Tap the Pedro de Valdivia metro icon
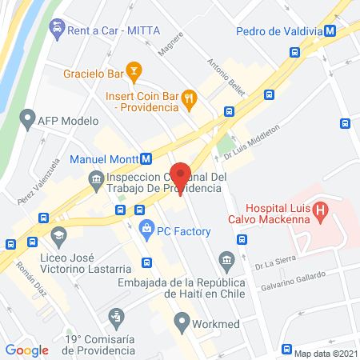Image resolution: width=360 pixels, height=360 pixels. (341, 31)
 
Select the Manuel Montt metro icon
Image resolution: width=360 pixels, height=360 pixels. (146, 158)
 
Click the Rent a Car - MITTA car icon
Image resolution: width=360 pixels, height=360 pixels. (57, 30)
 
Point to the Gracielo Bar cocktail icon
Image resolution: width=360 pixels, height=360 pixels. (134, 74)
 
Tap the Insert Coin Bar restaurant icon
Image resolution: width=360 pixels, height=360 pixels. (189, 98)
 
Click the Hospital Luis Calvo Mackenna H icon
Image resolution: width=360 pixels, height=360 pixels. (321, 212)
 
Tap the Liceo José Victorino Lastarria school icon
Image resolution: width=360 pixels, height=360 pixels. (58, 235)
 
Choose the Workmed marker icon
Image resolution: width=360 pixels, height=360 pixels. (181, 326)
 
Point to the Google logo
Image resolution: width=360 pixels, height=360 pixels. (27, 350)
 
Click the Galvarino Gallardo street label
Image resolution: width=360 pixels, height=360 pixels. (291, 282)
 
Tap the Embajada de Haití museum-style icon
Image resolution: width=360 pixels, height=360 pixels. (226, 258)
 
